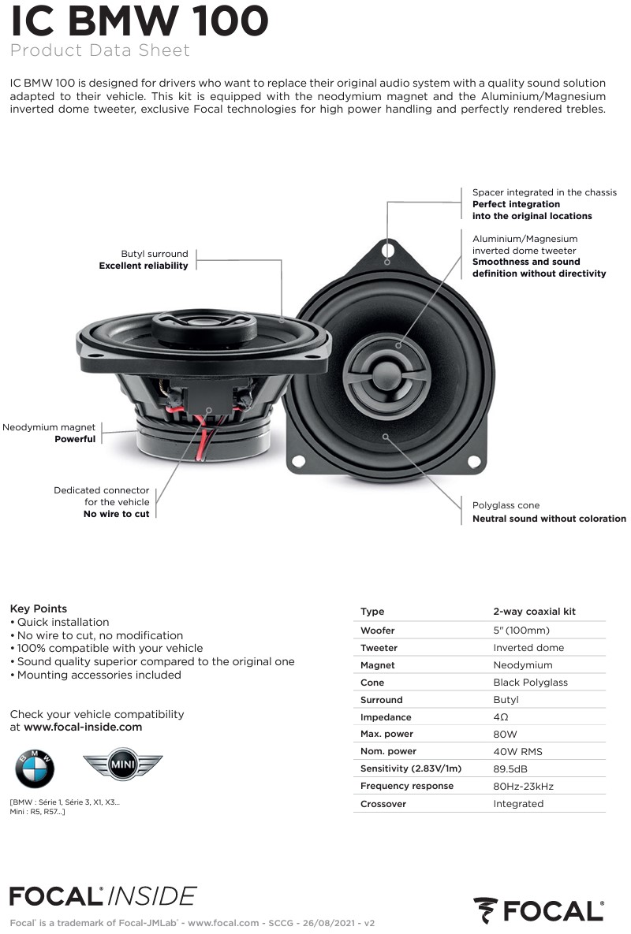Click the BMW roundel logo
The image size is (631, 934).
tap(35, 768)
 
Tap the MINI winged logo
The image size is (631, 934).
tap(123, 765)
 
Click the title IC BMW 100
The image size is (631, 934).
tap(139, 21)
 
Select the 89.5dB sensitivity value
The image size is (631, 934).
tap(510, 768)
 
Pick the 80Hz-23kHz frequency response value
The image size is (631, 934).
tap(523, 786)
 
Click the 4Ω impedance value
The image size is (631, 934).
tap(501, 717)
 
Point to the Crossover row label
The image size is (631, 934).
tap(383, 803)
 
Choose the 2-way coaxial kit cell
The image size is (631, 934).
tap(534, 612)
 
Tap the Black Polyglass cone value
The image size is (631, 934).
tap(530, 683)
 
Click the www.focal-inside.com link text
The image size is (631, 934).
tap(83, 727)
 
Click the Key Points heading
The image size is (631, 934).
tap(38, 608)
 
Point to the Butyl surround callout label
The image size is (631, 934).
tap(144, 259)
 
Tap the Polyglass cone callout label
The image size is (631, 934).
tap(549, 512)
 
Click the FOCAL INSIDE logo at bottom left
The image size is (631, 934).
tap(103, 895)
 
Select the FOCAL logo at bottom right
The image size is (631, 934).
tap(540, 910)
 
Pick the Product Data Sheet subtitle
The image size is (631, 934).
tap(99, 50)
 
